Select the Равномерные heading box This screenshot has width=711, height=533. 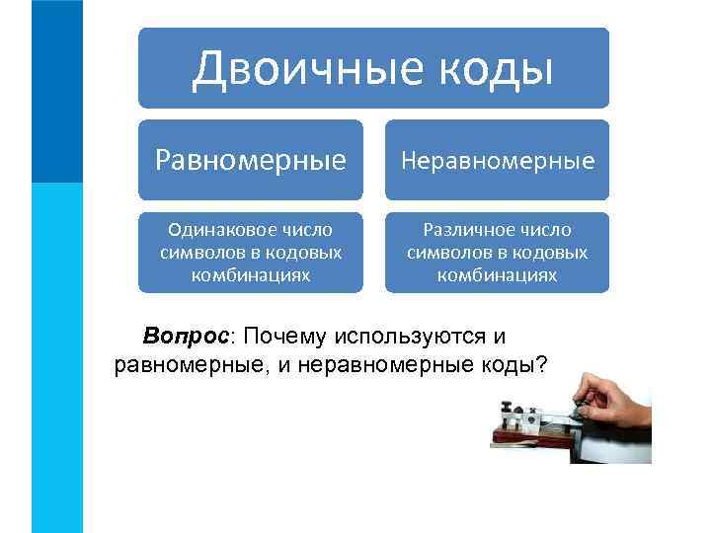[250, 159]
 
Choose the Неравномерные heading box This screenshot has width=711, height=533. [497, 159]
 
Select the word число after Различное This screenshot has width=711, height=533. [545, 230]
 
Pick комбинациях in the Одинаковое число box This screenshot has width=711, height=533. [250, 275]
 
